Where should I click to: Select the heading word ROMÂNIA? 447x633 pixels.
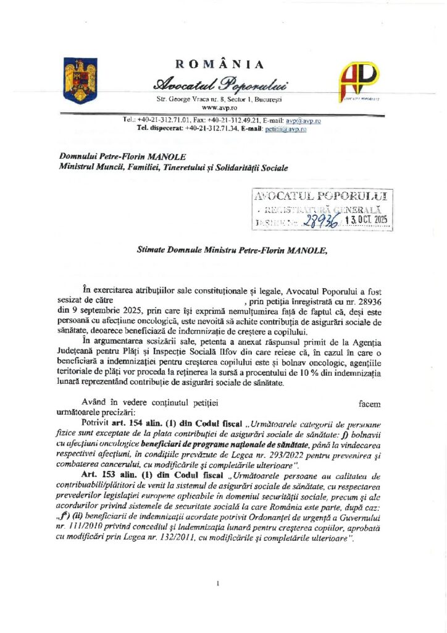220,65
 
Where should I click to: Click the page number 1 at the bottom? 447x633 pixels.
219,584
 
